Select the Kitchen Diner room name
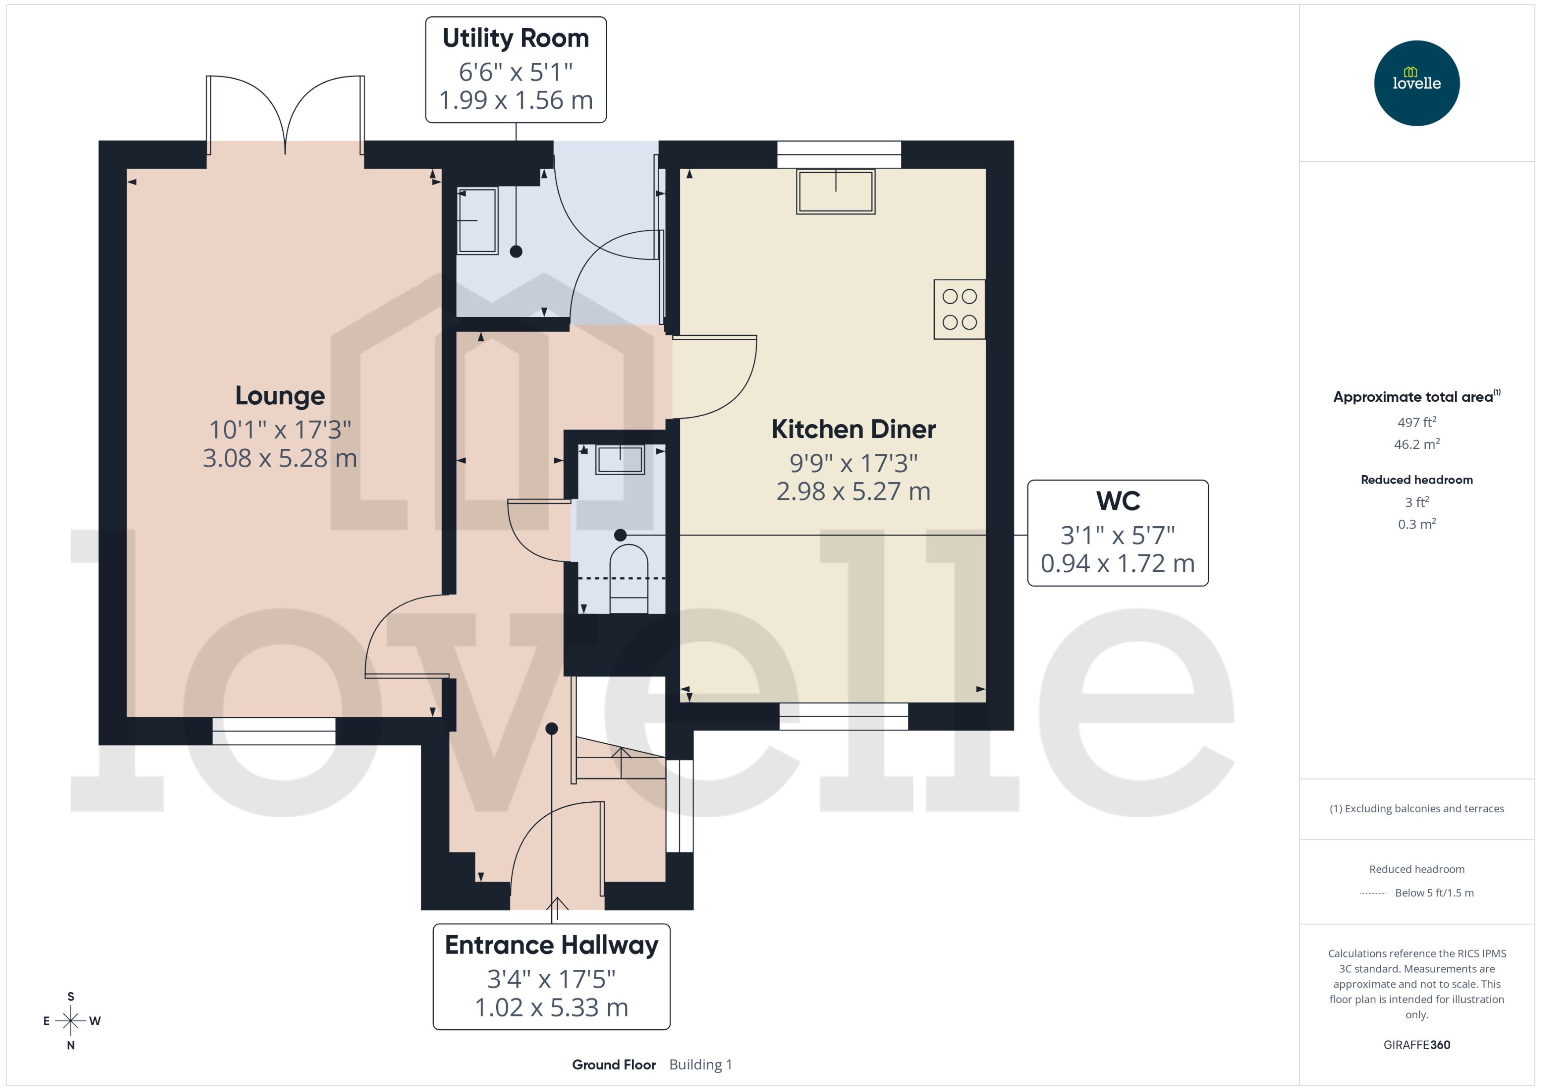(853, 429)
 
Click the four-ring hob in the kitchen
(959, 309)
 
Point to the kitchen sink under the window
(835, 191)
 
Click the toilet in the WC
(628, 577)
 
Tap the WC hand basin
(620, 460)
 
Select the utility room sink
(477, 220)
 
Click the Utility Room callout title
(516, 38)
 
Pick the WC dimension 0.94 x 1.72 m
(1117, 564)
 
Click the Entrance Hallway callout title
(551, 945)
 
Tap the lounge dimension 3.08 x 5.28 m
(280, 459)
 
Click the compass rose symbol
(70, 1021)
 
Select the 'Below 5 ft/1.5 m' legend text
(1434, 893)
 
